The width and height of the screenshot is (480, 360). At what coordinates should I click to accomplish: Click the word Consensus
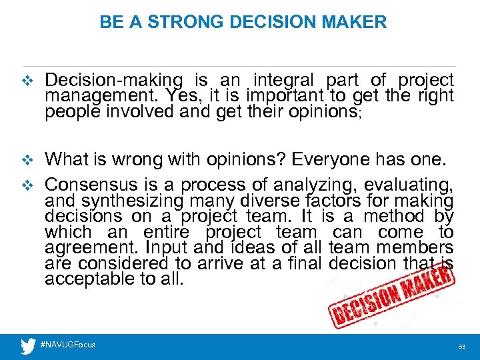[x=86, y=183]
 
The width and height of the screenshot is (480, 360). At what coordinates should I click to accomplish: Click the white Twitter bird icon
[x=27, y=345]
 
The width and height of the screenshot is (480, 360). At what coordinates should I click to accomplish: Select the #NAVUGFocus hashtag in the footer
[x=68, y=345]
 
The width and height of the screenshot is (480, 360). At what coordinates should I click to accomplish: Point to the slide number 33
[x=461, y=347]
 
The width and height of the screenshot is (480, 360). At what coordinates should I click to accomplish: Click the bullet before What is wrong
[x=27, y=160]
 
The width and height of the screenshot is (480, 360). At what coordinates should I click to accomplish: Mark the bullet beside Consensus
[x=27, y=184]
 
